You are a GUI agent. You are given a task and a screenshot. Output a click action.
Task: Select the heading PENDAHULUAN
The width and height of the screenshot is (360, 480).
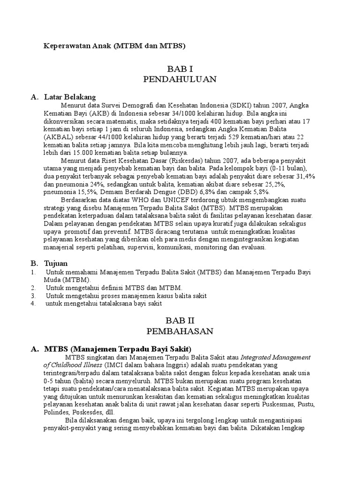click(x=180, y=79)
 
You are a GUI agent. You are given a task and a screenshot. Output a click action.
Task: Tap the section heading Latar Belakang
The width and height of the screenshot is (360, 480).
click(x=70, y=97)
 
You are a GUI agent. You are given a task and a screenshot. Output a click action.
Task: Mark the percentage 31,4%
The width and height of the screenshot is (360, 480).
click(x=305, y=176)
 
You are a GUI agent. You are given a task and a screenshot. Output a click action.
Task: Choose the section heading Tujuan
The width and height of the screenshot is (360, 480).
click(x=56, y=263)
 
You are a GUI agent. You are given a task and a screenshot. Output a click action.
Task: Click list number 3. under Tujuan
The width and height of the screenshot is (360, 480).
click(x=33, y=296)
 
